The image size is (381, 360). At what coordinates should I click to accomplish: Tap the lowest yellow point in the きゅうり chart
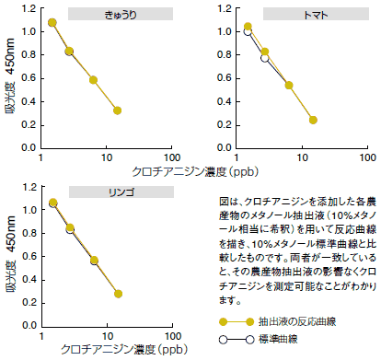pyautogui.click(x=118, y=110)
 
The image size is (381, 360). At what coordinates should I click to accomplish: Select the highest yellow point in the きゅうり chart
pyautogui.click(x=52, y=22)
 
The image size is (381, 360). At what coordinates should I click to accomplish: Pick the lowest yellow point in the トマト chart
pyautogui.click(x=314, y=120)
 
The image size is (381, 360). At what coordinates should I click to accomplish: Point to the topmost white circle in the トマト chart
pyautogui.click(x=248, y=31)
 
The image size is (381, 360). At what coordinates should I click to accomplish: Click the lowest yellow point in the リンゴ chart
pyautogui.click(x=118, y=294)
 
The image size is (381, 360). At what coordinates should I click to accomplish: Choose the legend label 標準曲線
pyautogui.click(x=283, y=339)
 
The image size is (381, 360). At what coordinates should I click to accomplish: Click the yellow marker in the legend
pyautogui.click(x=222, y=321)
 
